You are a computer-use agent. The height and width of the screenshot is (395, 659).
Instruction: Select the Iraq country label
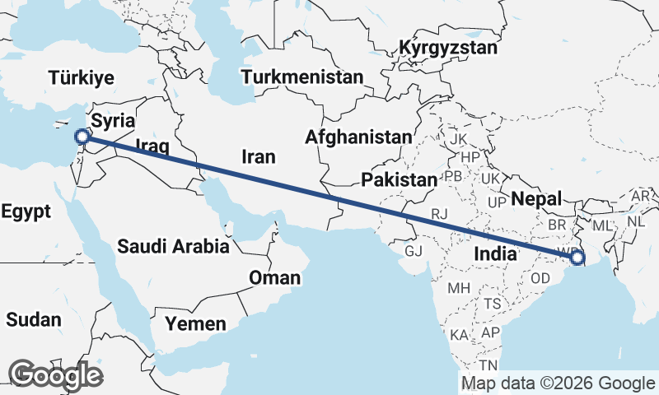coord(152,146)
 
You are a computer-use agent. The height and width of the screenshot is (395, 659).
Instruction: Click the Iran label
coord(258,156)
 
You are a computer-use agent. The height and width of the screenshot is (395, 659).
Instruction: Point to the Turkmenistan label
coord(302,77)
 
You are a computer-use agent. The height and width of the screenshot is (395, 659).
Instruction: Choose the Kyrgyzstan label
coord(448,48)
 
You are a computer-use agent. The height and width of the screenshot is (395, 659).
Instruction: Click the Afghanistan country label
coord(358,137)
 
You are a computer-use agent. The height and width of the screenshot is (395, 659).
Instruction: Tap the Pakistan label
coord(399,179)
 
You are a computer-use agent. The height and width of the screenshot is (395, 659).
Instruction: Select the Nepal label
coord(536,198)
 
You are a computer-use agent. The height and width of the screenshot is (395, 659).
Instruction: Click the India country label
coord(494,255)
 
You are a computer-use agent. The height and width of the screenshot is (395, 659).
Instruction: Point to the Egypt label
coord(26,211)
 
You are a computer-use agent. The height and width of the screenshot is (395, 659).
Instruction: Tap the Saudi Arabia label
coord(172,245)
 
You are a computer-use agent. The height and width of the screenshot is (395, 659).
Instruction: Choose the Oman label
coord(275,278)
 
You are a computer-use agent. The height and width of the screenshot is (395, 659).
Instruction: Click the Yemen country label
coord(195,323)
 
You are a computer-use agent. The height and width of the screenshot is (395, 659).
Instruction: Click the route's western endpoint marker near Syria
coord(81,137)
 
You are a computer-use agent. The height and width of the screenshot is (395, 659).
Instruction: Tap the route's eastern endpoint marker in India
coord(577,258)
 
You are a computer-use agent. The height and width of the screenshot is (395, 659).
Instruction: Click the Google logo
coord(55,375)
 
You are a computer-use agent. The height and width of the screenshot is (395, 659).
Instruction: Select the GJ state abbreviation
coord(414,250)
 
